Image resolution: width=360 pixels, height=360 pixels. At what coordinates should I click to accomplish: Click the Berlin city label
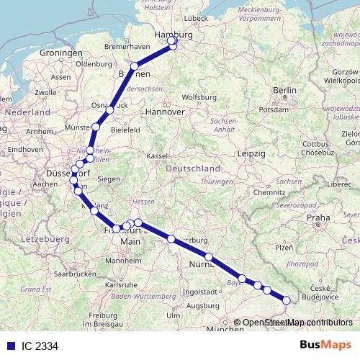tap(285, 90)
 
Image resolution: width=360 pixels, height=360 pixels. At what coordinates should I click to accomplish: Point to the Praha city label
tap(319, 217)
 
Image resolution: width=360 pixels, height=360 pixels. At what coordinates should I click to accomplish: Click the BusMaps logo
tap(325, 345)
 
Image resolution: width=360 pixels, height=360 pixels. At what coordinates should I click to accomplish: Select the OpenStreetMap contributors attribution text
tap(297, 322)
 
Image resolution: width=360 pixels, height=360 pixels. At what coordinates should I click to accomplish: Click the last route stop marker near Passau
tap(287, 300)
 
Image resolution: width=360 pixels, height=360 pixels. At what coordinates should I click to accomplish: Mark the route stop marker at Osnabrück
tap(110, 109)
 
